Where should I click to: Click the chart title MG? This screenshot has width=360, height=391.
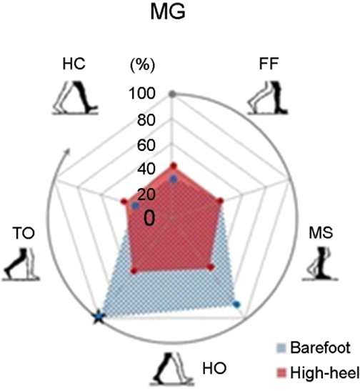click(168, 11)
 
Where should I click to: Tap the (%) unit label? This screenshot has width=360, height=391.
click(143, 65)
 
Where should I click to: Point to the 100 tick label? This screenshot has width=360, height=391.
click(142, 94)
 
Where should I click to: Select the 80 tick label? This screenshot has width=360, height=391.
click(146, 120)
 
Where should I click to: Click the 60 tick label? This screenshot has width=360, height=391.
click(146, 145)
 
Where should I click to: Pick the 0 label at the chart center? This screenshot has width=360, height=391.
click(149, 218)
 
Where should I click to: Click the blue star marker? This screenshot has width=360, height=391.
click(98, 317)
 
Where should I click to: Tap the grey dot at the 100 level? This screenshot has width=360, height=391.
click(171, 94)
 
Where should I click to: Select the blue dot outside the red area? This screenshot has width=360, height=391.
click(236, 305)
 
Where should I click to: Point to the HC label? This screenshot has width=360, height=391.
click(74, 64)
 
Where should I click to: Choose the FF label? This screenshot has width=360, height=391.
click(269, 64)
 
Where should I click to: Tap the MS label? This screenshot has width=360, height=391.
click(321, 232)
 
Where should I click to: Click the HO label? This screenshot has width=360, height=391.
click(214, 368)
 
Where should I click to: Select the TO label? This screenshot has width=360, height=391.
click(24, 234)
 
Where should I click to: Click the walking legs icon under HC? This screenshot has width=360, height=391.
click(75, 97)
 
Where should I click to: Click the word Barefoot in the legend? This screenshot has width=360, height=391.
click(321, 347)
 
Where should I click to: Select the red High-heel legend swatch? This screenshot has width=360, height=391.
click(281, 373)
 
